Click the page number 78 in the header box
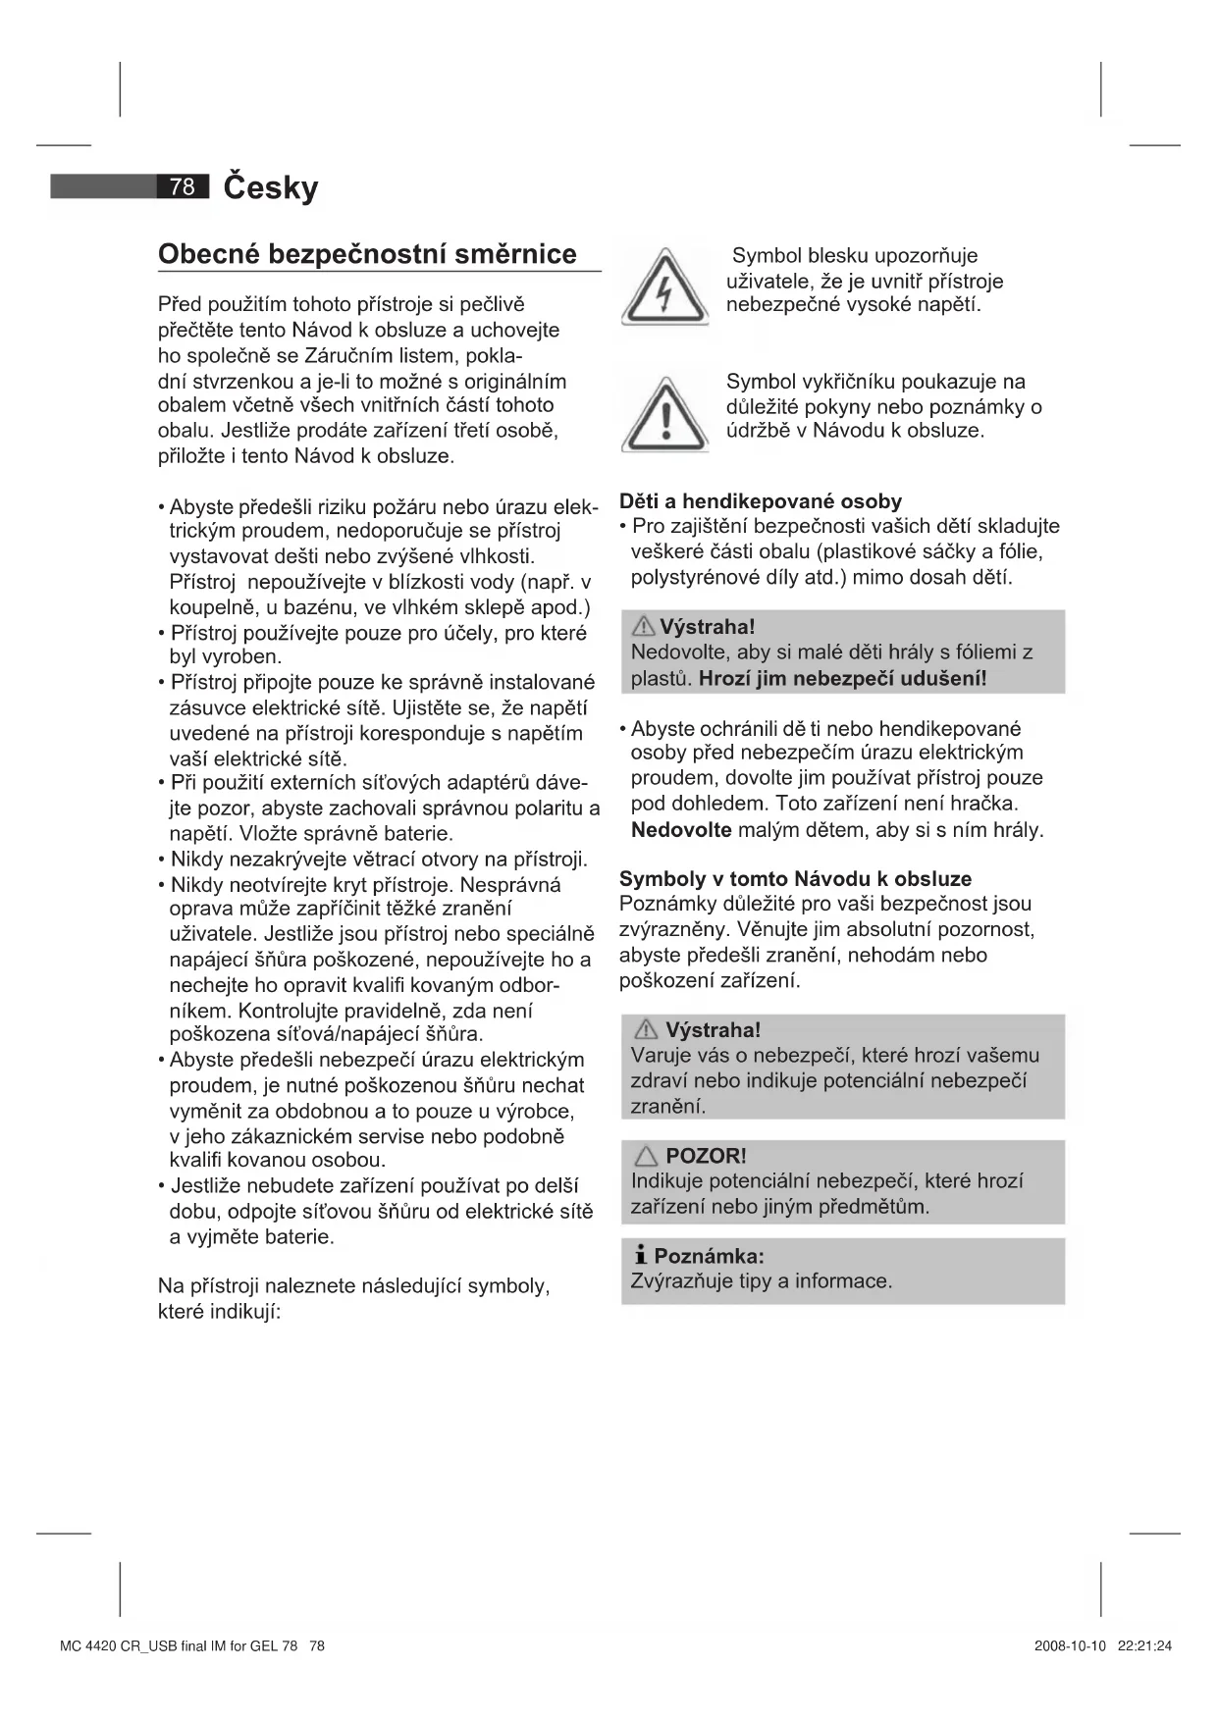click(x=183, y=186)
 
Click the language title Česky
click(x=271, y=186)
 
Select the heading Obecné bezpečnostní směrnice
click(x=367, y=254)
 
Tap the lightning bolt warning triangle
click(x=664, y=289)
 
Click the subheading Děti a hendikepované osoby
click(x=761, y=501)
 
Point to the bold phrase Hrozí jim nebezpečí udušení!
click(x=842, y=678)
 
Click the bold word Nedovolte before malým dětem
click(x=681, y=830)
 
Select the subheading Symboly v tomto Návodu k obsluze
click(x=795, y=879)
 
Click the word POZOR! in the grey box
click(x=706, y=1156)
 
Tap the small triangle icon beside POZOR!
click(x=646, y=1156)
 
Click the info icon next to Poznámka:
click(x=640, y=1255)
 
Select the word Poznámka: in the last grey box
click(x=709, y=1256)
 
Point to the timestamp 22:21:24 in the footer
click(x=1144, y=1645)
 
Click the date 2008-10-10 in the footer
click(x=1070, y=1645)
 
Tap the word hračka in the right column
click(x=982, y=804)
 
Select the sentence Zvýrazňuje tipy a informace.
click(x=762, y=1281)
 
